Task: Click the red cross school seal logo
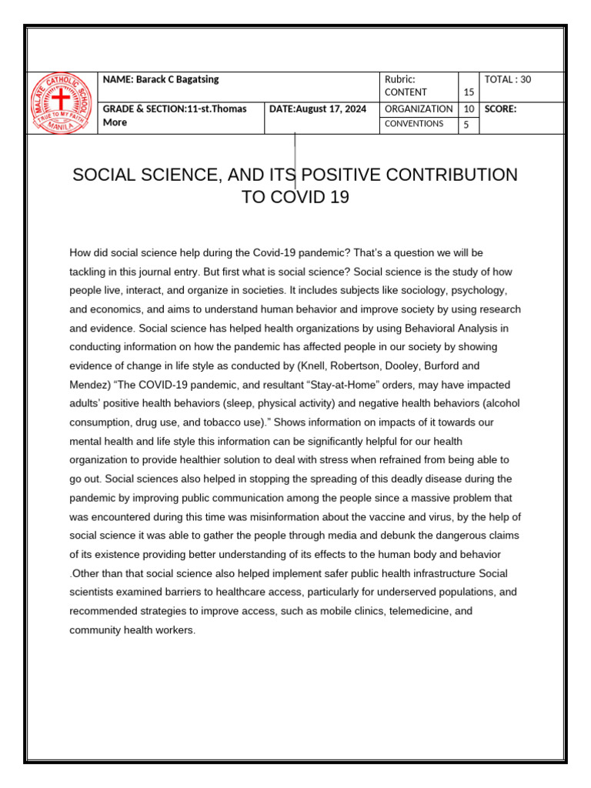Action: (x=62, y=103)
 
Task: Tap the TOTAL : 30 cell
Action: (x=508, y=80)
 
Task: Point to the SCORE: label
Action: (x=501, y=109)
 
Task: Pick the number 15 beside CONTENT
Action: (x=469, y=92)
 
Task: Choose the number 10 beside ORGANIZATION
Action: (x=469, y=109)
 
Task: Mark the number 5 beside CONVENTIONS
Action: (x=466, y=125)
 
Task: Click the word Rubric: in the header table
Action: (x=400, y=80)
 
